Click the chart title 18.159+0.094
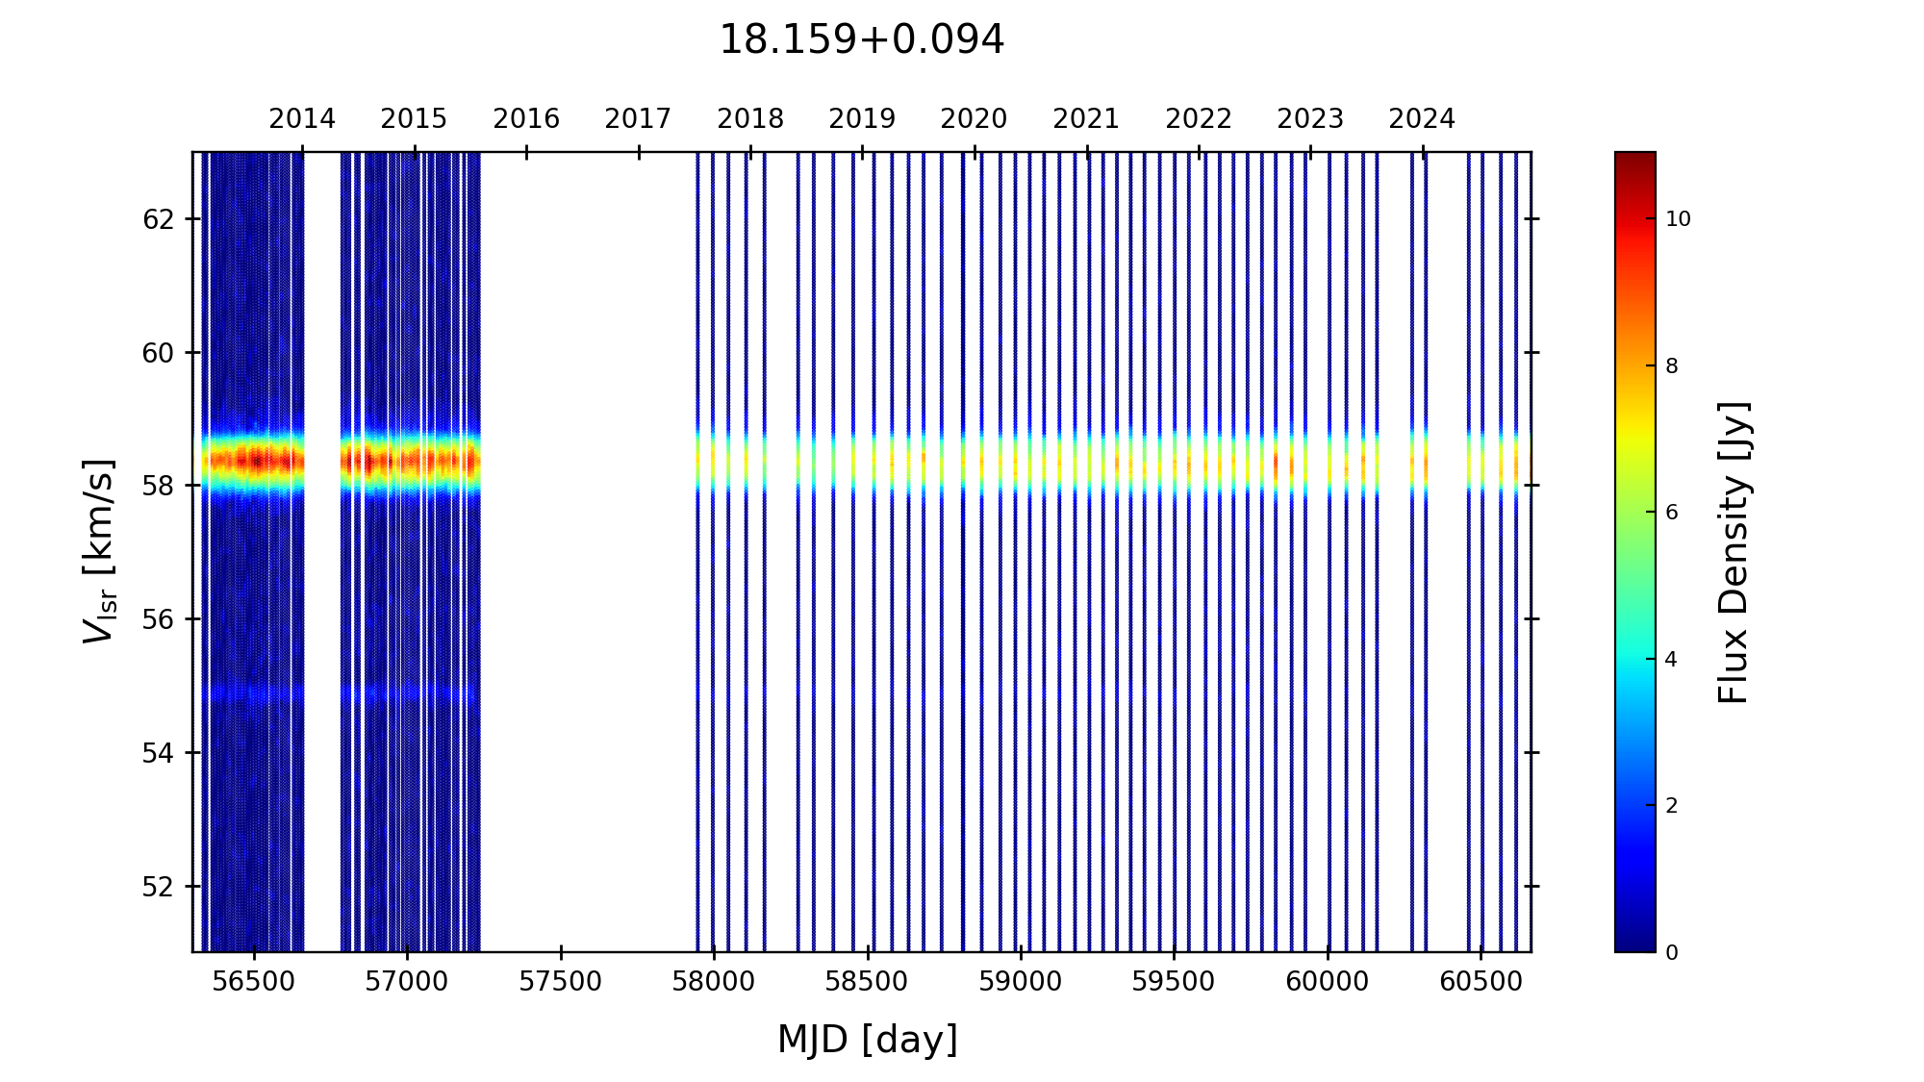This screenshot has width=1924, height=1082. [861, 40]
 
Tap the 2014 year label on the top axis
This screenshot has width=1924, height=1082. [302, 119]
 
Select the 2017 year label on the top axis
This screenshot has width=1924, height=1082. [638, 119]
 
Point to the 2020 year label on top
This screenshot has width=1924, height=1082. [974, 119]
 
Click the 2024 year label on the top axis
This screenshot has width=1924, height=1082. [1422, 119]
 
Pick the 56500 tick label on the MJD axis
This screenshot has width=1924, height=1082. [254, 982]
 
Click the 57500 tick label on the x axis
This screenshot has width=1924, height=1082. [561, 982]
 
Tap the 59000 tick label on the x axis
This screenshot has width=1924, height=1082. [1021, 982]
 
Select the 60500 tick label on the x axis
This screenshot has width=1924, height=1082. [1481, 982]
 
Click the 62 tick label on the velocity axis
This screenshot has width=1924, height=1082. [158, 219]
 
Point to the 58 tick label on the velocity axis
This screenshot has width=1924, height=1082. [158, 486]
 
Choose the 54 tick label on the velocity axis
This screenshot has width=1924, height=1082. [158, 753]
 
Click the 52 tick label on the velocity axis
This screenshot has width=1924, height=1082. [158, 887]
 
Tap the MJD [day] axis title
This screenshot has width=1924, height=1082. [868, 1040]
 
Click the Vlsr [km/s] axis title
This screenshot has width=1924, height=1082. [99, 551]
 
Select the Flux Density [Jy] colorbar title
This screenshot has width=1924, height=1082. [1734, 552]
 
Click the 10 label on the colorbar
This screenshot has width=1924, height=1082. [1678, 219]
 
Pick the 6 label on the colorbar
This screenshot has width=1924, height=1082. [1672, 513]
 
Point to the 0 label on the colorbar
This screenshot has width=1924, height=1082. [1672, 953]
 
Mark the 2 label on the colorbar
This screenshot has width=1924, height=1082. [1672, 806]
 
